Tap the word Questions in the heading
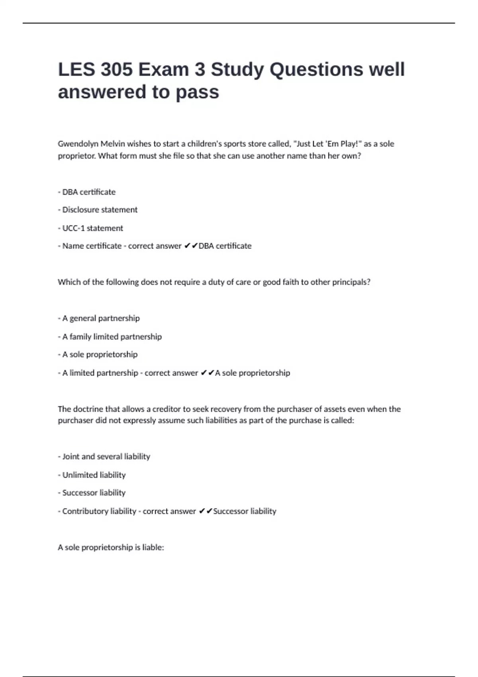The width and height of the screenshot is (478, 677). click(x=316, y=70)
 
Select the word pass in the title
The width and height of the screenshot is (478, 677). click(x=197, y=92)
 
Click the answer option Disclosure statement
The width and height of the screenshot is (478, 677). click(x=100, y=210)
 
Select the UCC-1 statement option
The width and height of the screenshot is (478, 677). click(x=92, y=228)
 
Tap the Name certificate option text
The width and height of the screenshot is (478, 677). click(x=92, y=246)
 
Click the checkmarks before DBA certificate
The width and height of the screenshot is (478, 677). click(x=191, y=246)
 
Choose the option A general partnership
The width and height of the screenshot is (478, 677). click(x=101, y=318)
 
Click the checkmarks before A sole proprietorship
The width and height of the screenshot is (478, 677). click(x=208, y=373)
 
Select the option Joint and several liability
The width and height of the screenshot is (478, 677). click(x=106, y=456)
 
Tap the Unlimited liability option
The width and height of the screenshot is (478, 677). click(x=94, y=475)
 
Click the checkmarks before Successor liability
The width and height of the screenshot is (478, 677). click(x=206, y=511)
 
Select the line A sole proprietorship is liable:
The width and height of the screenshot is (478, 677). click(x=111, y=548)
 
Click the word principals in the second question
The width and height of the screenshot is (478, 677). click(x=351, y=282)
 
